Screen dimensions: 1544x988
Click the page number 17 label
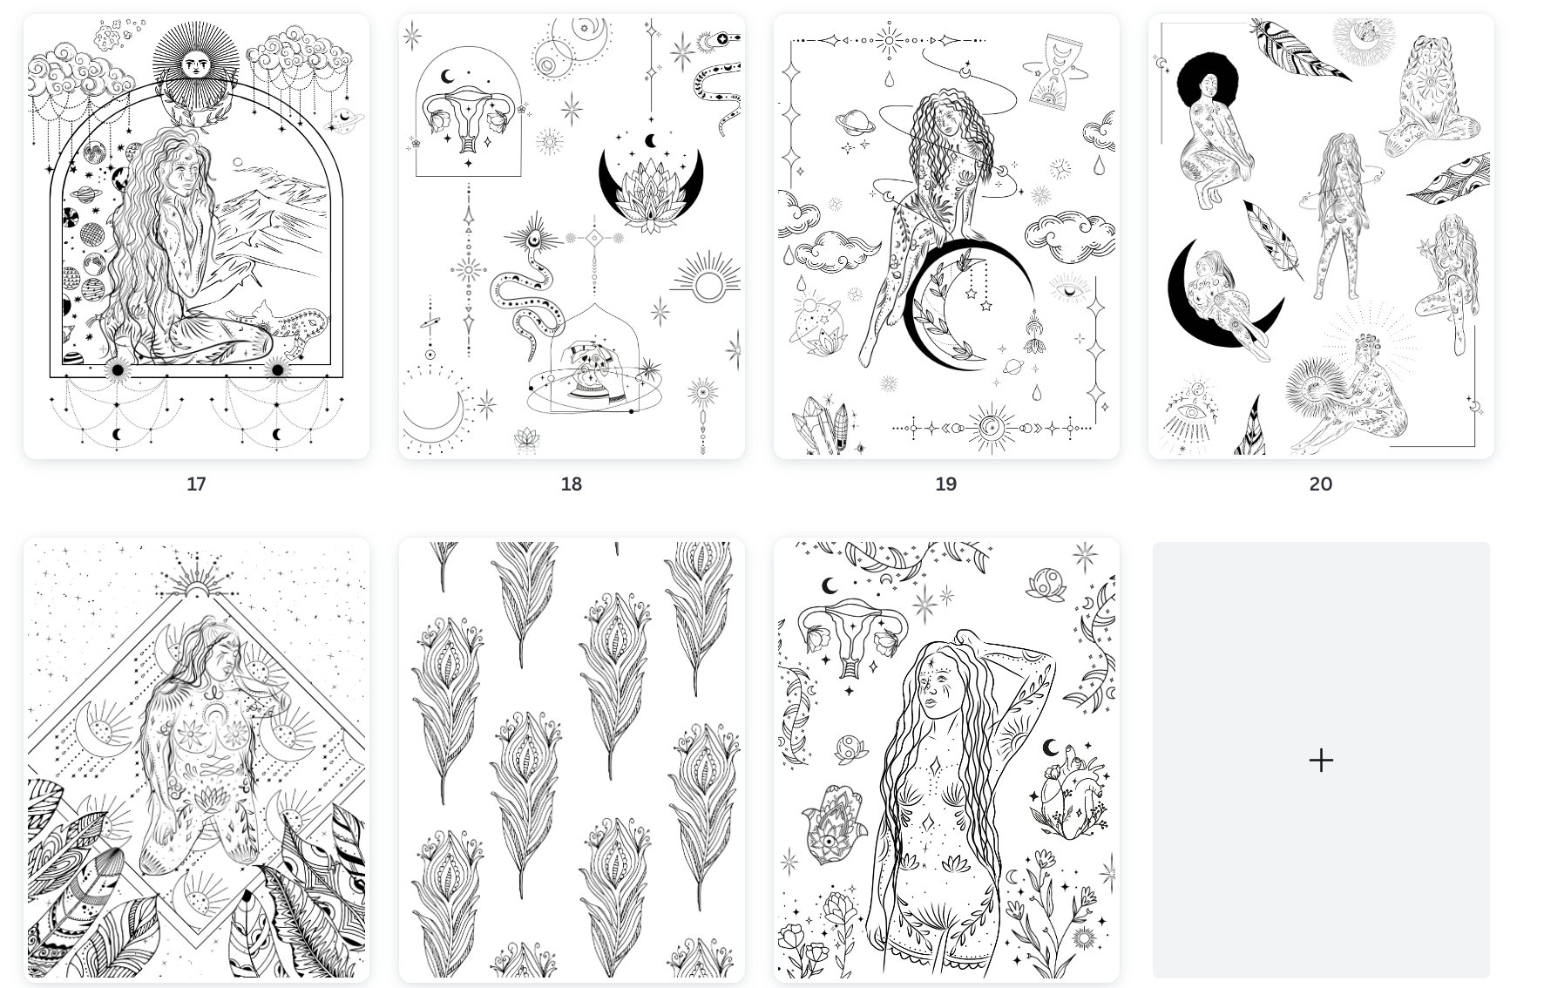196,484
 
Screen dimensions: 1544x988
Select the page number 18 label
571,484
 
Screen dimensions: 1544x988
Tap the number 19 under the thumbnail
945,484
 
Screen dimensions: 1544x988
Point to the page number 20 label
1320,484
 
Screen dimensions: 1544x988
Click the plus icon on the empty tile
1321,760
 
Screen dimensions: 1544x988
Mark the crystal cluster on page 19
823,427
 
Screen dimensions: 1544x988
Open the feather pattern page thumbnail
572,760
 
